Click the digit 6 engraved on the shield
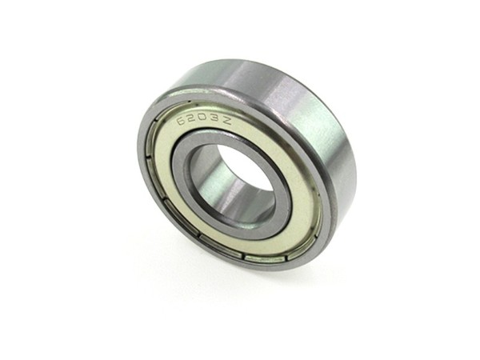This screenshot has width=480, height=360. tap(182, 120)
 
